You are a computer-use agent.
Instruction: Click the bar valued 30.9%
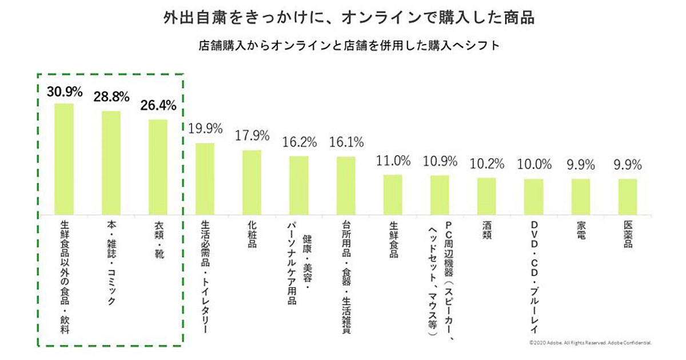tap(64, 159)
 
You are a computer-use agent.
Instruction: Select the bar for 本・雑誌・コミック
tap(111, 163)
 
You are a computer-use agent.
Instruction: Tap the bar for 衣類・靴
tap(158, 167)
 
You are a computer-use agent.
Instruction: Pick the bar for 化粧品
tap(252, 182)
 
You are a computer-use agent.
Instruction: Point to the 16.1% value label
tap(346, 142)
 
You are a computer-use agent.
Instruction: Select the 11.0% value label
tap(393, 161)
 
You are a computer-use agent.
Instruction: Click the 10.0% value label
tap(534, 165)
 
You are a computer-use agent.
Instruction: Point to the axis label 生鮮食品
tap(393, 241)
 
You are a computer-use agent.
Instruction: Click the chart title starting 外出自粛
tap(342, 18)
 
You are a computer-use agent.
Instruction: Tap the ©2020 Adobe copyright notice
tap(590, 343)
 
